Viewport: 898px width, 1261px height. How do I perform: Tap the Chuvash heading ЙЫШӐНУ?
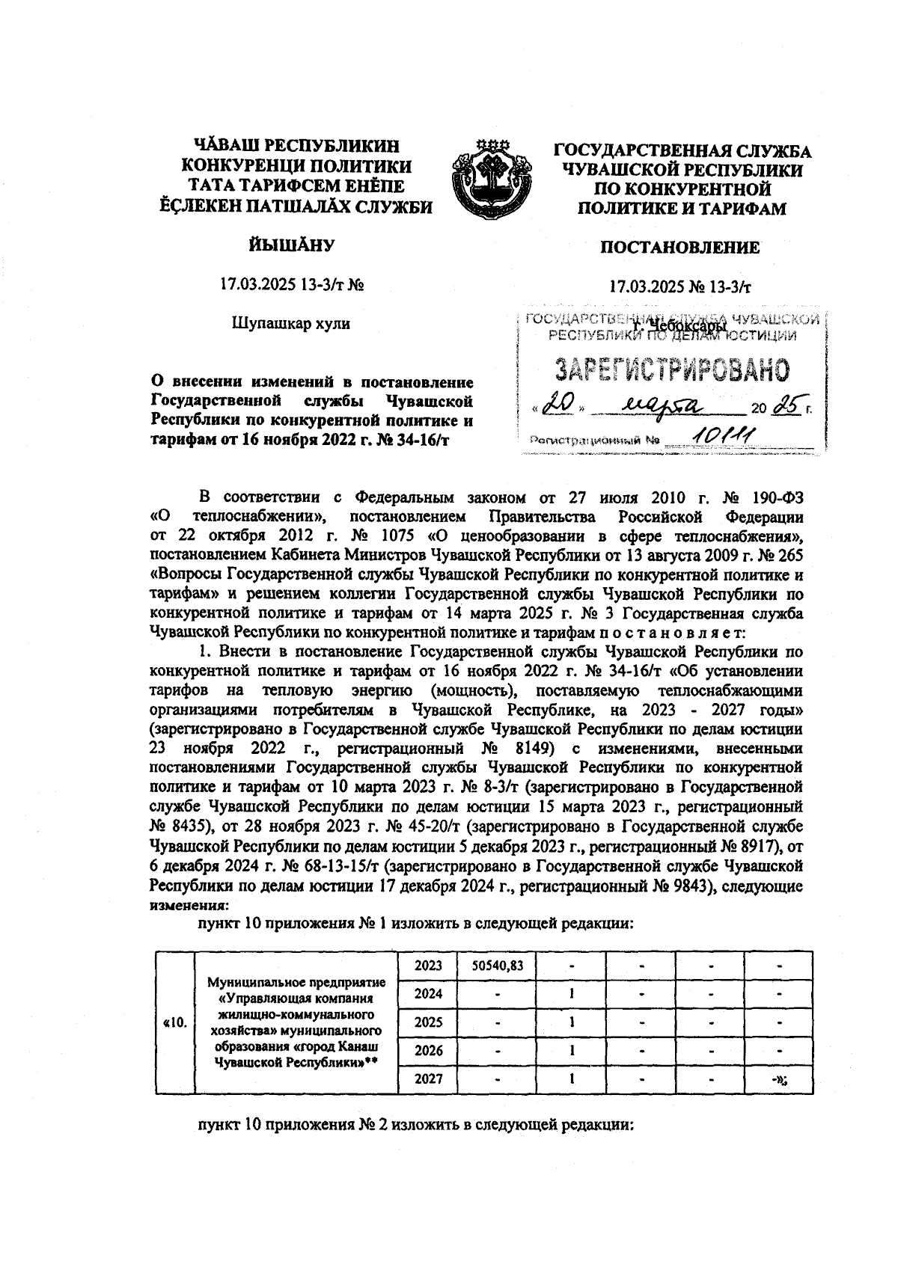291,245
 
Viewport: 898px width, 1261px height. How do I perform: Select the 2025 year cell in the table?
429,1022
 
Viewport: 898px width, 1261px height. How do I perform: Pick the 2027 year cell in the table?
429,1079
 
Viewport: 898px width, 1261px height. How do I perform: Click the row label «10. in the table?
174,1022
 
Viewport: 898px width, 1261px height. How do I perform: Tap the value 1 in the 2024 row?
571,993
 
